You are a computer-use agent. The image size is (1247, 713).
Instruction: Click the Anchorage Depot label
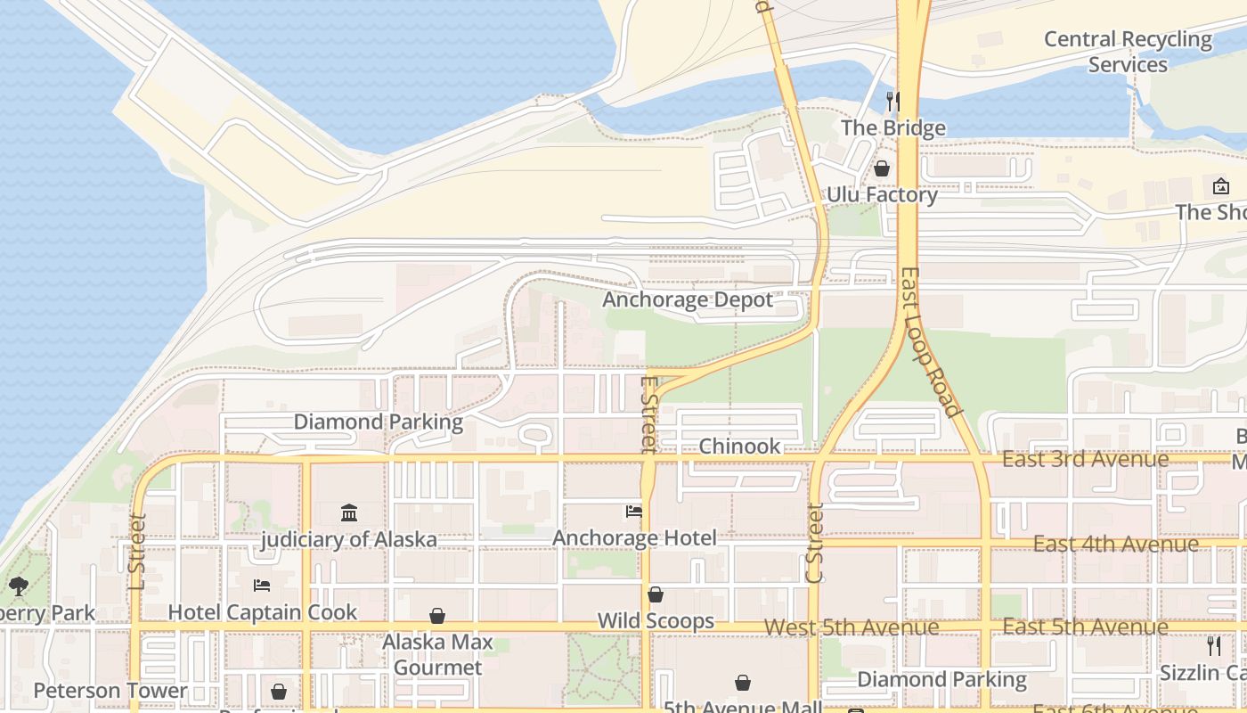pyautogui.click(x=688, y=299)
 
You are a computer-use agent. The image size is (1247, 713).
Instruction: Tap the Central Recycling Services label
pyautogui.click(x=1128, y=52)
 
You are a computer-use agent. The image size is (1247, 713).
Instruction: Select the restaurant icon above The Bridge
pyautogui.click(x=892, y=101)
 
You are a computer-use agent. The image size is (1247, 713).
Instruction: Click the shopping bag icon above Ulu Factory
pyautogui.click(x=882, y=168)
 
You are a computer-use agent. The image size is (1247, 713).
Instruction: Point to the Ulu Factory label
pyautogui.click(x=882, y=195)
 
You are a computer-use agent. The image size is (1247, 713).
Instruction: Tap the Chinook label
pyautogui.click(x=739, y=447)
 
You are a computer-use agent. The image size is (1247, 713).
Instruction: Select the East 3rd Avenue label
pyautogui.click(x=1085, y=459)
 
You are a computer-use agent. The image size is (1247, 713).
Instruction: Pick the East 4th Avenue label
pyautogui.click(x=1115, y=544)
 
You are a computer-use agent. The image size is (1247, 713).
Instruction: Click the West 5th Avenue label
pyautogui.click(x=851, y=627)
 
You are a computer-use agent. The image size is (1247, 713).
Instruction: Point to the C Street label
pyautogui.click(x=814, y=543)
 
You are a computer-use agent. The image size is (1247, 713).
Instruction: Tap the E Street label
pyautogui.click(x=648, y=414)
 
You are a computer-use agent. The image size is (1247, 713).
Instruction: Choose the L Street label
pyautogui.click(x=136, y=551)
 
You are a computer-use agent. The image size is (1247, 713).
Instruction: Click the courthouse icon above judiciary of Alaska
pyautogui.click(x=349, y=513)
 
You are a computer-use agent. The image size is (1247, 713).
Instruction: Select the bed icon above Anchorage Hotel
pyautogui.click(x=634, y=512)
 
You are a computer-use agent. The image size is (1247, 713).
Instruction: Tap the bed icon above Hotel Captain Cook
pyautogui.click(x=262, y=586)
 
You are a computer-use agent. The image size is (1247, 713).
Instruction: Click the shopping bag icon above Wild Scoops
pyautogui.click(x=656, y=594)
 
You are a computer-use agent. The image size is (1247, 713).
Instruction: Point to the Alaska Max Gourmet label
pyautogui.click(x=437, y=654)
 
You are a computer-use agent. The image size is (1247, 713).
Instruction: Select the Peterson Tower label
pyautogui.click(x=110, y=691)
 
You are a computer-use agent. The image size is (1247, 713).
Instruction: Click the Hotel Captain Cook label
pyautogui.click(x=263, y=612)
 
